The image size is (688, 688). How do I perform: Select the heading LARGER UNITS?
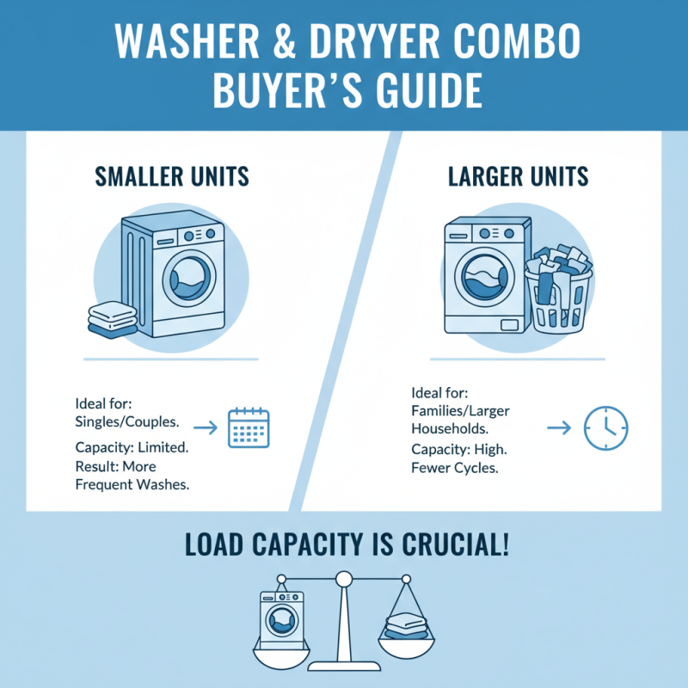click(x=519, y=177)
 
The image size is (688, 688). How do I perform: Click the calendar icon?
click(x=249, y=427)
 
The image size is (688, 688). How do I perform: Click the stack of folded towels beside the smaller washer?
click(x=113, y=320)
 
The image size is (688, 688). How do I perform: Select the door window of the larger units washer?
click(x=487, y=281)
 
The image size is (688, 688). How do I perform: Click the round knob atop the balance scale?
click(x=345, y=579)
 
